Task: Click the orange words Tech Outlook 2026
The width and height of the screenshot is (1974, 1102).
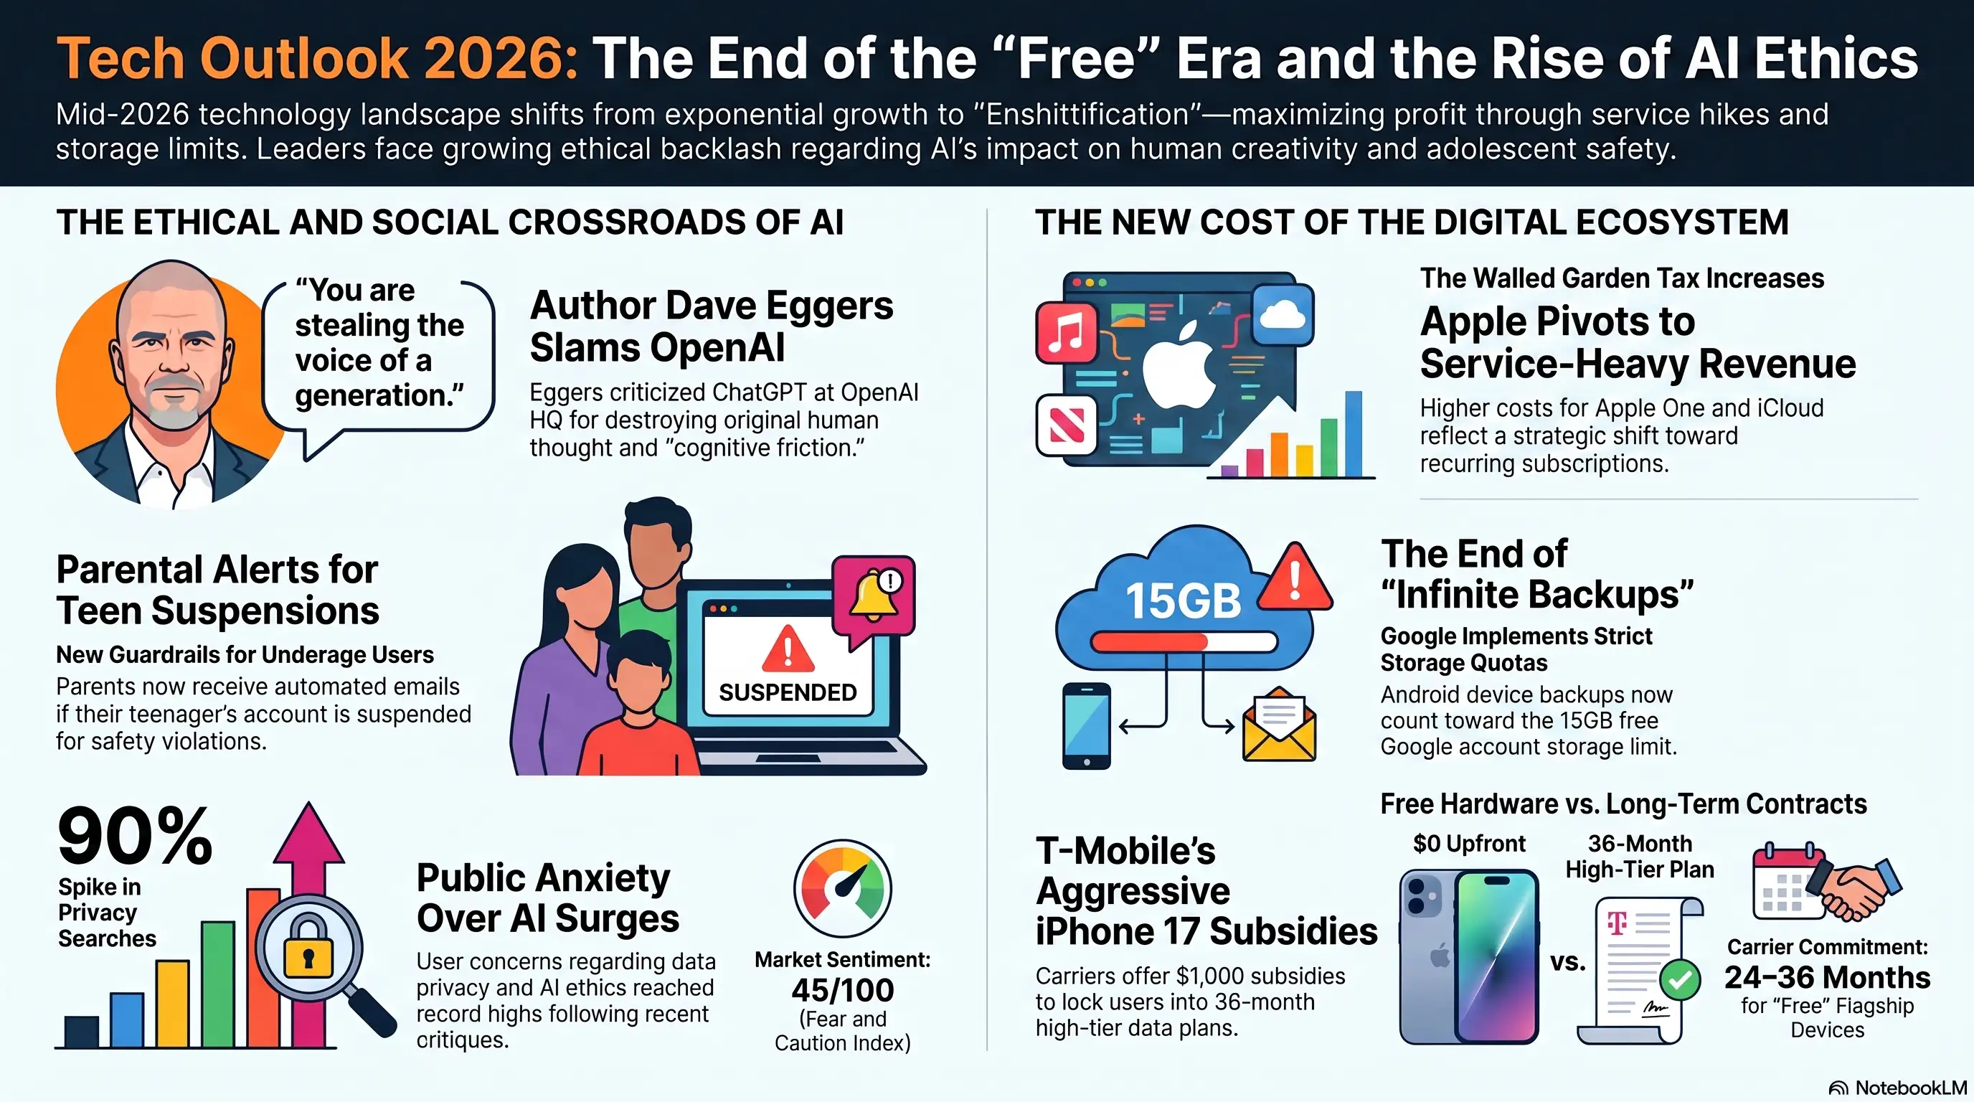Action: click(x=317, y=58)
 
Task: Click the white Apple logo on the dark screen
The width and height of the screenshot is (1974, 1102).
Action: click(x=1179, y=367)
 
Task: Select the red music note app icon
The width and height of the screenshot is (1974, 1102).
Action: click(x=1066, y=333)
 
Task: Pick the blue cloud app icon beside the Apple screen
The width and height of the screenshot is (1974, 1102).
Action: click(x=1283, y=315)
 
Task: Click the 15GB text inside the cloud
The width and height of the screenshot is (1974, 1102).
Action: click(x=1182, y=600)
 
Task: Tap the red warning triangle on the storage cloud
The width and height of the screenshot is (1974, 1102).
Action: click(x=1295, y=577)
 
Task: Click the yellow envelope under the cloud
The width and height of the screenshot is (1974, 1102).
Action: click(x=1279, y=724)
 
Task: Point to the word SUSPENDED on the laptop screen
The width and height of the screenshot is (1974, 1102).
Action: click(x=788, y=693)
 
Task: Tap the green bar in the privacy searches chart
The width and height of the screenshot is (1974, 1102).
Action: click(x=217, y=984)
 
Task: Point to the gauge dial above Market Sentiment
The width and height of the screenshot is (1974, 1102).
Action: click(x=842, y=888)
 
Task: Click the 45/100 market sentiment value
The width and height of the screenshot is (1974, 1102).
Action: click(x=842, y=990)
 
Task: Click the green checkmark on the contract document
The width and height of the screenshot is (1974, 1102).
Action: click(x=1680, y=979)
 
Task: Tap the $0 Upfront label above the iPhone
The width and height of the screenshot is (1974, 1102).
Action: click(x=1469, y=844)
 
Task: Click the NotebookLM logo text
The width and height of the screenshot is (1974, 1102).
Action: click(x=1910, y=1088)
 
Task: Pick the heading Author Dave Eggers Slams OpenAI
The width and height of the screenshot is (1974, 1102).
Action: click(x=711, y=326)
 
